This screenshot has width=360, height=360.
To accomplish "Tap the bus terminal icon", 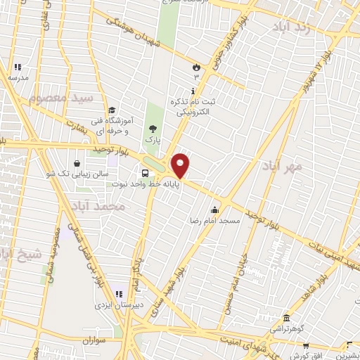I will point(145,173).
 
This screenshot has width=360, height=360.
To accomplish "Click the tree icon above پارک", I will point(153,129).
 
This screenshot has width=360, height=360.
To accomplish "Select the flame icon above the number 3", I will point(196,67).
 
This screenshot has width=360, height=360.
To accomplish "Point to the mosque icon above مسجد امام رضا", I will point(214,209).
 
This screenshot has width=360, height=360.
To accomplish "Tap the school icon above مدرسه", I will point(18,67).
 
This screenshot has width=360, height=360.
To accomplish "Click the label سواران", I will point(92,340).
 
